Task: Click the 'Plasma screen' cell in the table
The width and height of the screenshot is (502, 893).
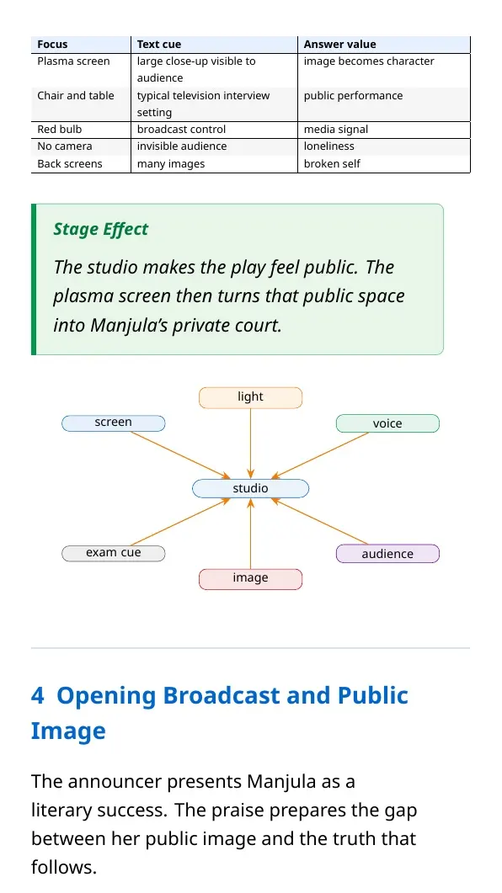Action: click(x=73, y=61)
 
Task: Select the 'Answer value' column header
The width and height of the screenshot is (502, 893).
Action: click(x=339, y=45)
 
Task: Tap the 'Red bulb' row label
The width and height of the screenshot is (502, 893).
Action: click(x=59, y=130)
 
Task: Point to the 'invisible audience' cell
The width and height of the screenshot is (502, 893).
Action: click(x=182, y=146)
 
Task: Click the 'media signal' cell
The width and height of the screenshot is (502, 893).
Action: click(x=335, y=130)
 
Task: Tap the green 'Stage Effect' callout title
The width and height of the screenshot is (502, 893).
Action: click(x=101, y=230)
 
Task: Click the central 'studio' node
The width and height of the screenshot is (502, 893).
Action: click(x=251, y=489)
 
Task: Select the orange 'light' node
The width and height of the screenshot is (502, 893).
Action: click(x=251, y=397)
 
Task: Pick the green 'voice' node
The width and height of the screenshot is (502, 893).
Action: click(x=387, y=423)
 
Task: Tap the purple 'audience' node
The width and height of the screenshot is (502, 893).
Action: click(x=387, y=554)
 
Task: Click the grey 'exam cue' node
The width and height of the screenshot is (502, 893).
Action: click(x=114, y=553)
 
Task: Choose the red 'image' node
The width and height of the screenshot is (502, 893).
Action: click(x=251, y=578)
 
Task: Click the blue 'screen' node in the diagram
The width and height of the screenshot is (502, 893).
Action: click(x=114, y=423)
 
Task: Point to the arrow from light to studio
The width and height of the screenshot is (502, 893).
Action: click(x=251, y=444)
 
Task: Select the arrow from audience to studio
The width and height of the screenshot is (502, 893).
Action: click(x=319, y=521)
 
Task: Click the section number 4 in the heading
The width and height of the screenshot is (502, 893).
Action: click(x=37, y=696)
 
